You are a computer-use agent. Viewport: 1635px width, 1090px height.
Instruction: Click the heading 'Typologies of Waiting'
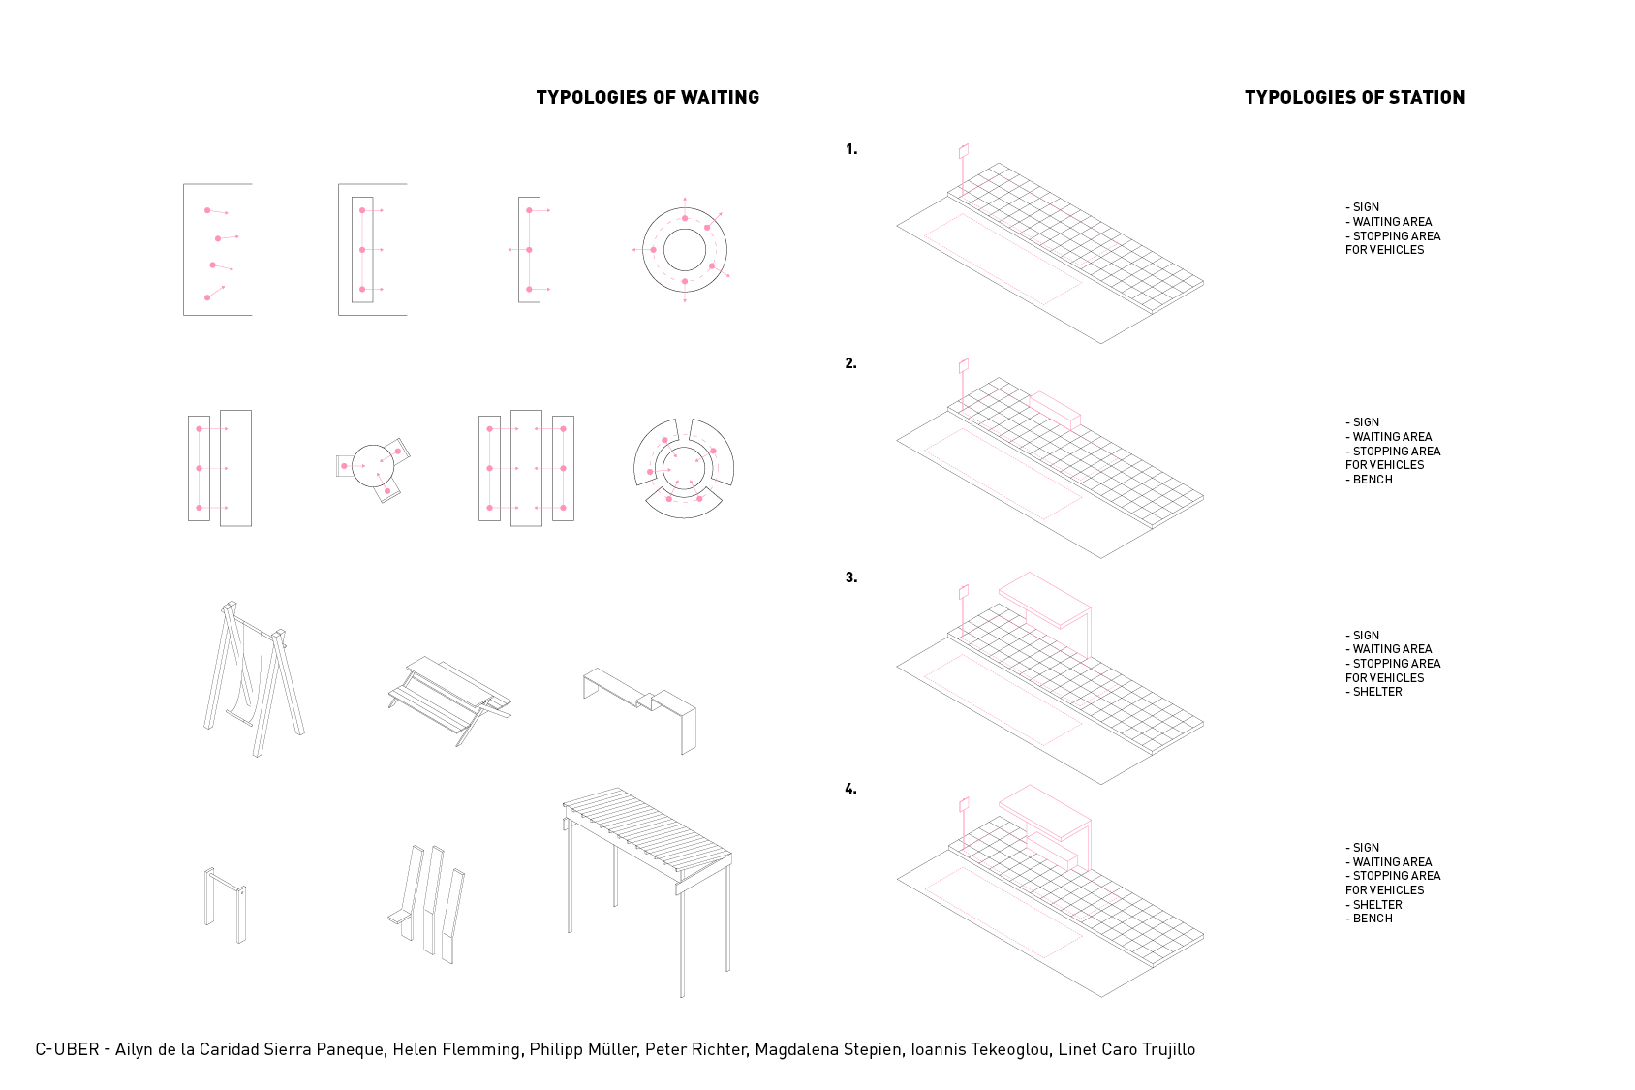point(647,97)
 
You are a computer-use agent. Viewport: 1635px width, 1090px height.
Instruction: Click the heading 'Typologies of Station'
point(1355,97)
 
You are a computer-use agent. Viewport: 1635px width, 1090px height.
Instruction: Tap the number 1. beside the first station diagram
point(851,149)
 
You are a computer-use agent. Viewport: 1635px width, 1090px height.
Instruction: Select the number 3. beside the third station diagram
point(851,577)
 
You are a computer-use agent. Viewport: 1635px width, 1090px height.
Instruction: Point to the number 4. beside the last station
point(851,789)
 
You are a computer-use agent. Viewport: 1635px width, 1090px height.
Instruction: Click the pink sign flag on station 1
point(964,151)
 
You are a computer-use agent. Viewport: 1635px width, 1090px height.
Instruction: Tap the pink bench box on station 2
point(1056,410)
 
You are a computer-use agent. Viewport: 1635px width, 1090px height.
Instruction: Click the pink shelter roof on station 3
point(1044,600)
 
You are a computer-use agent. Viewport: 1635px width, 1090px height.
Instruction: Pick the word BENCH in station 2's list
point(1373,480)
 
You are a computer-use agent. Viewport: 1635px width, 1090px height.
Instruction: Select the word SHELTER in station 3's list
point(1377,692)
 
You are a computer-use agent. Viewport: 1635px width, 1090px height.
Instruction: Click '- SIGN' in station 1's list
point(1362,207)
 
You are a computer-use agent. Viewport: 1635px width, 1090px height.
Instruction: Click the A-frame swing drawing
point(253,679)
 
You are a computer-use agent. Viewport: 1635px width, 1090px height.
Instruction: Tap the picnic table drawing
point(449,700)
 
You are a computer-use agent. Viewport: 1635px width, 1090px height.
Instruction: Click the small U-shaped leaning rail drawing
point(226,905)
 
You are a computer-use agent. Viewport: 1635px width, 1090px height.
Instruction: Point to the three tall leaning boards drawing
point(427,904)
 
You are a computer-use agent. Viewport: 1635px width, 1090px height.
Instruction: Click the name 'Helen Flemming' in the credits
point(457,1050)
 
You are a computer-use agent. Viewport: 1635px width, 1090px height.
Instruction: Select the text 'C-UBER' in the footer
point(67,1050)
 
